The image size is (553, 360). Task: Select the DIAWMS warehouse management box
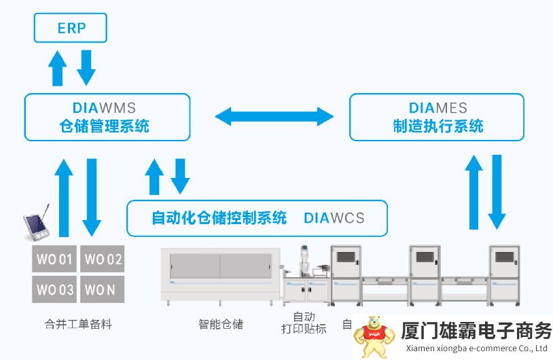[x=107, y=117]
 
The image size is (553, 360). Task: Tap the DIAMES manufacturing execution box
[x=437, y=117]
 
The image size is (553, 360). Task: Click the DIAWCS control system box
[x=257, y=218]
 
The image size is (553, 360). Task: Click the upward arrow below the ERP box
[x=58, y=69]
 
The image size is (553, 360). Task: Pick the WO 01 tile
[x=54, y=259]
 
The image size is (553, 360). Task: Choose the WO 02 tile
[x=102, y=259]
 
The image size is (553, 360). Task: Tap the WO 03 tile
[x=54, y=290]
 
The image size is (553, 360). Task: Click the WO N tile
[x=102, y=290]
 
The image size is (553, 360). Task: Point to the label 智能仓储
[x=221, y=324]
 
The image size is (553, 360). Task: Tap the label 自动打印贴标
[x=304, y=323]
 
